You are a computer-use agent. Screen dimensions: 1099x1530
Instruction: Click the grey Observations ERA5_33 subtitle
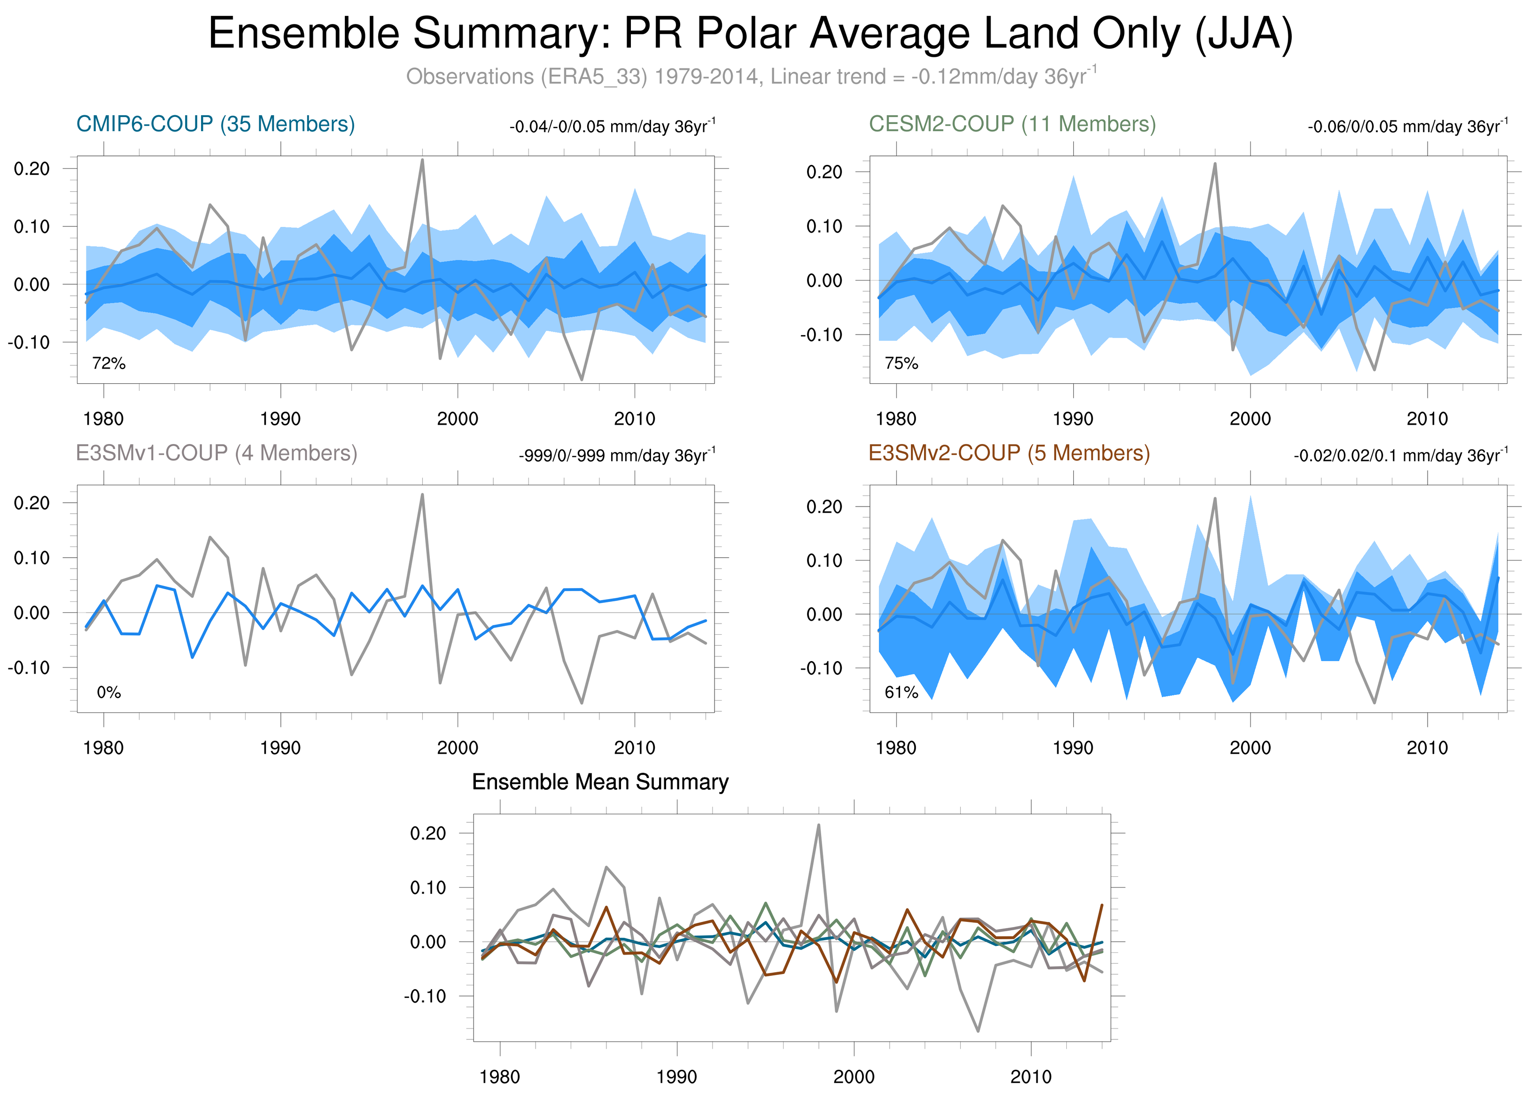pyautogui.click(x=750, y=76)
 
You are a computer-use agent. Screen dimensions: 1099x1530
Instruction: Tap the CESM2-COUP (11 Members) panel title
pyautogui.click(x=1012, y=124)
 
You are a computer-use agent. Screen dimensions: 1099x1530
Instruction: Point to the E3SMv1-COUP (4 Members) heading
pyautogui.click(x=217, y=452)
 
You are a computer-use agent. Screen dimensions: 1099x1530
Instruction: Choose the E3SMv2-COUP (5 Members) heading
pyautogui.click(x=1009, y=452)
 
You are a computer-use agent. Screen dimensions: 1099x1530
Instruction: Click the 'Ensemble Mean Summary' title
pyautogui.click(x=600, y=782)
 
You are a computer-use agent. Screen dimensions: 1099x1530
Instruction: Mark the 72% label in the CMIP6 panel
pyautogui.click(x=109, y=364)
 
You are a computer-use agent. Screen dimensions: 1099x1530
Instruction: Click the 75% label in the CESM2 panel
pyautogui.click(x=901, y=364)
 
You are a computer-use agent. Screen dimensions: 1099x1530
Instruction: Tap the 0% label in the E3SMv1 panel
pyautogui.click(x=109, y=692)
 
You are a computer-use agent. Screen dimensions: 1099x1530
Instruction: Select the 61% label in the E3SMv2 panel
pyautogui.click(x=901, y=692)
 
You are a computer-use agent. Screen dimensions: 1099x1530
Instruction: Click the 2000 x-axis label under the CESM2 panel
pyautogui.click(x=1250, y=419)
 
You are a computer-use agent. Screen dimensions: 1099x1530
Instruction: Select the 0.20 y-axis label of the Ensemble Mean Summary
pyautogui.click(x=427, y=833)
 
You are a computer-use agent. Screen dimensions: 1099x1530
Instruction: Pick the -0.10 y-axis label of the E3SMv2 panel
pyautogui.click(x=821, y=669)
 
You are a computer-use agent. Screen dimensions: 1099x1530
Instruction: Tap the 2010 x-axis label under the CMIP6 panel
pyautogui.click(x=634, y=419)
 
